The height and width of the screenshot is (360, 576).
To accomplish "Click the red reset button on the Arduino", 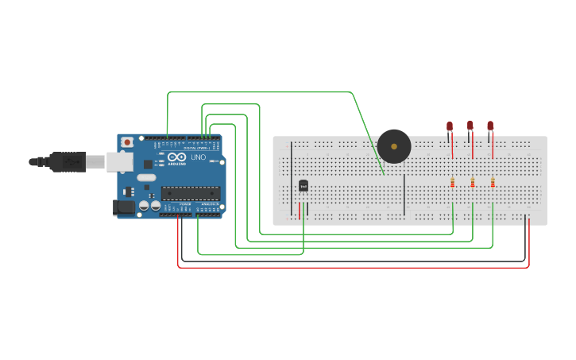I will click(x=127, y=142).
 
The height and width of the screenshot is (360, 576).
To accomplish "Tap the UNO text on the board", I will click(x=198, y=157).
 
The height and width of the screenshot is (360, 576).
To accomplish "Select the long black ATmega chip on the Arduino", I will click(x=191, y=192).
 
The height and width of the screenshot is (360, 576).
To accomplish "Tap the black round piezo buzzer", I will click(x=394, y=146).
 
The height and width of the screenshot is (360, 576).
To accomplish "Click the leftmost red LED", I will click(x=450, y=126).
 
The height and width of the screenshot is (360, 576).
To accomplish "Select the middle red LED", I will click(x=470, y=126).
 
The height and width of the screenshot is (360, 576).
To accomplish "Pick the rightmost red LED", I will click(x=490, y=126).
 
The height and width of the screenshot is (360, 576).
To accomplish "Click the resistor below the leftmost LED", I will click(x=453, y=183).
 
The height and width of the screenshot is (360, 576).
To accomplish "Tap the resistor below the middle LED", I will click(x=473, y=183).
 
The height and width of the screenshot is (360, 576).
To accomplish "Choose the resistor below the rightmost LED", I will click(x=493, y=183).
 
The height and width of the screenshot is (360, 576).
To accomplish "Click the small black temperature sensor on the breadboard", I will click(x=303, y=186).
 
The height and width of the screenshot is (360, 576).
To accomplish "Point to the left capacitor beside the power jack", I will click(x=144, y=206).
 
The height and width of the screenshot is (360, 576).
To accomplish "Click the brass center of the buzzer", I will click(x=394, y=146).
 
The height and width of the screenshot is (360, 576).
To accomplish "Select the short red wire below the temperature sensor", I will click(x=300, y=211).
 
